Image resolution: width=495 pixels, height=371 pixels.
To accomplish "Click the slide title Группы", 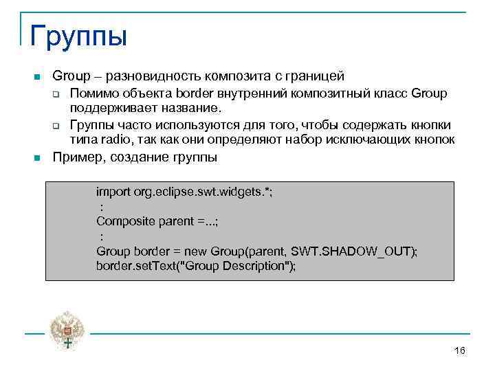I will coord(78,35).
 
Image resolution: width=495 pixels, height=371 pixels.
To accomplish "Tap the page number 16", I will coord(460,351).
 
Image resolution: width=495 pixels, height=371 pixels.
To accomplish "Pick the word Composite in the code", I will coord(123,221).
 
